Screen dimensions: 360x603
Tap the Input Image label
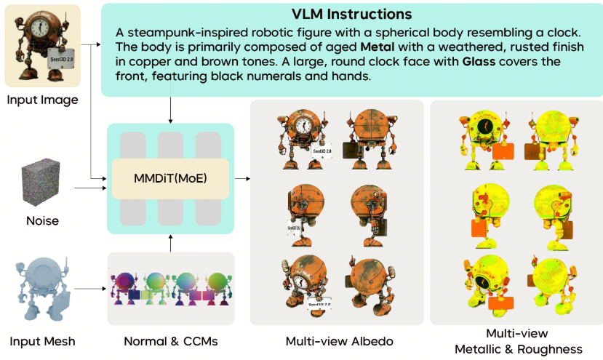(x=42, y=100)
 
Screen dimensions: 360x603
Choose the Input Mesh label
(x=42, y=341)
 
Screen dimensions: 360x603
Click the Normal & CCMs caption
(x=169, y=341)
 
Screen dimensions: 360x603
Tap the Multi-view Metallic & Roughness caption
(x=518, y=341)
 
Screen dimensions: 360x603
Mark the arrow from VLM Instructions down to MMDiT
(x=170, y=108)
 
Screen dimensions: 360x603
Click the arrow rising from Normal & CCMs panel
(x=170, y=243)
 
